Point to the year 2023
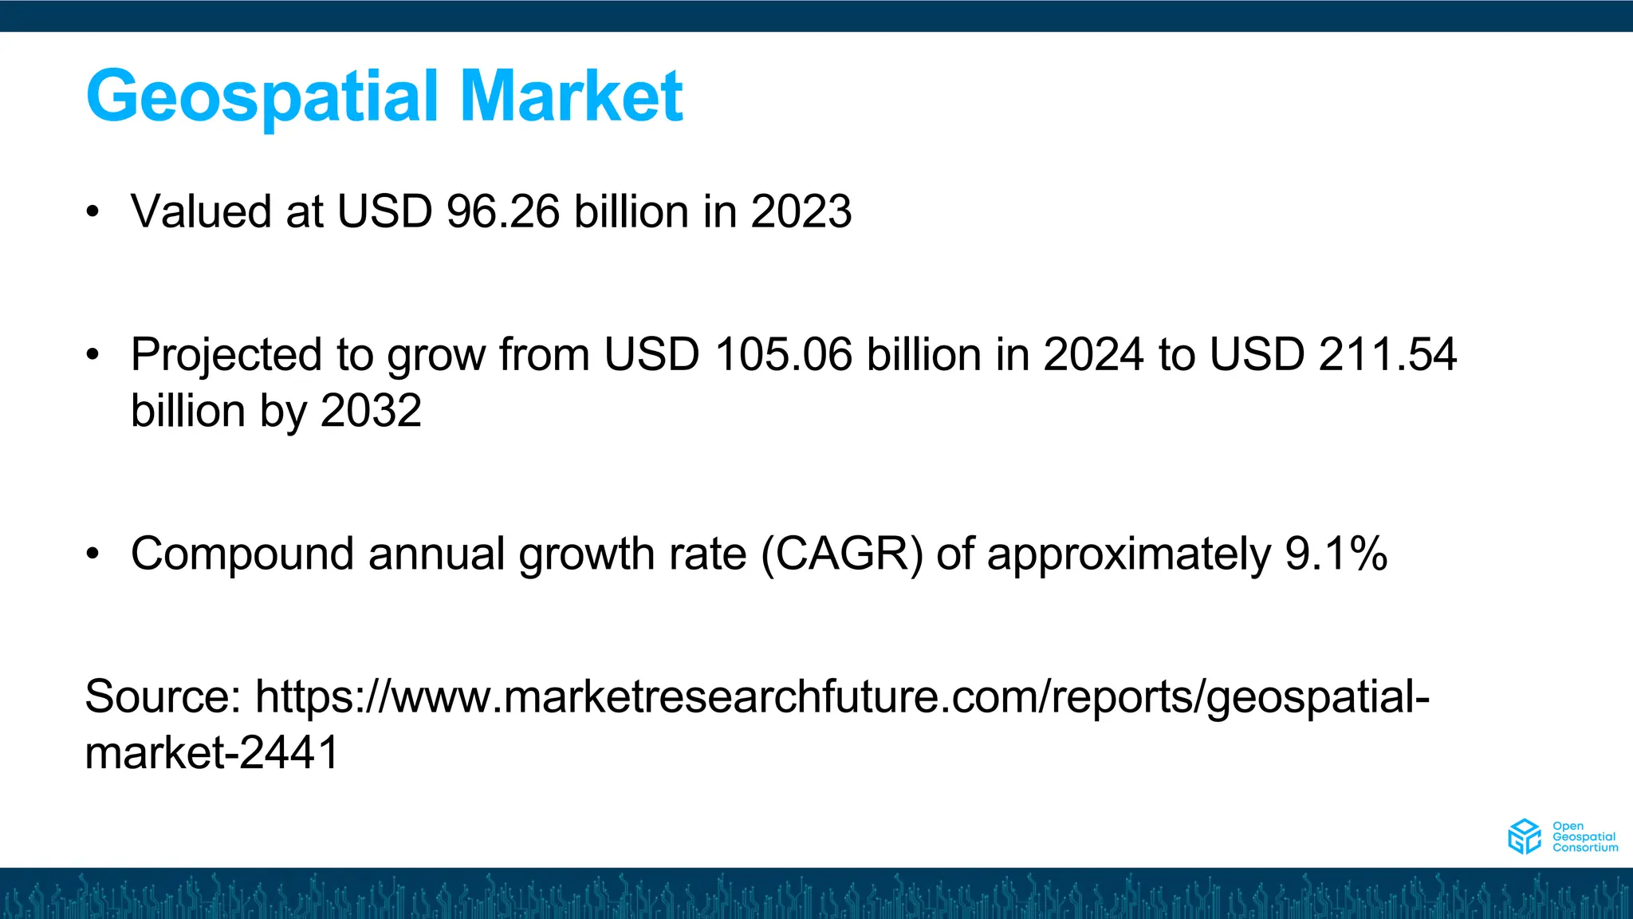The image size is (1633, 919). pyautogui.click(x=801, y=212)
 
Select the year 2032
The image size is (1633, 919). pyautogui.click(x=371, y=411)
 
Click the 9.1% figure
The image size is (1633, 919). pyautogui.click(x=1336, y=554)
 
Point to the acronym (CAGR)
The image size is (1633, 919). pyautogui.click(x=842, y=554)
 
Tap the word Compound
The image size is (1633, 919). pyautogui.click(x=242, y=554)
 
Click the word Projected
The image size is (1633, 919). pyautogui.click(x=226, y=356)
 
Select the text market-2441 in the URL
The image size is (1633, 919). pyautogui.click(x=212, y=753)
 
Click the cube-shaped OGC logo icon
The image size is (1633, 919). pyautogui.click(x=1524, y=836)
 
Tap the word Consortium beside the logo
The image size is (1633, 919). pyautogui.click(x=1585, y=848)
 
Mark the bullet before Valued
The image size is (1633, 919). pyautogui.click(x=93, y=212)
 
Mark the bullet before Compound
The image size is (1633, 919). pyautogui.click(x=93, y=554)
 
